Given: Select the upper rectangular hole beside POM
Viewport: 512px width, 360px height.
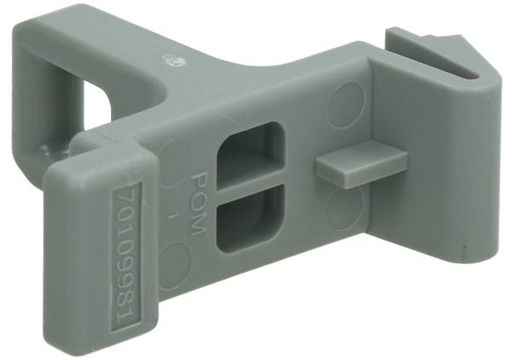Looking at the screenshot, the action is tap(251, 156).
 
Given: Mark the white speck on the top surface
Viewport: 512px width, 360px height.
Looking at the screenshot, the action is tap(173, 60).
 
